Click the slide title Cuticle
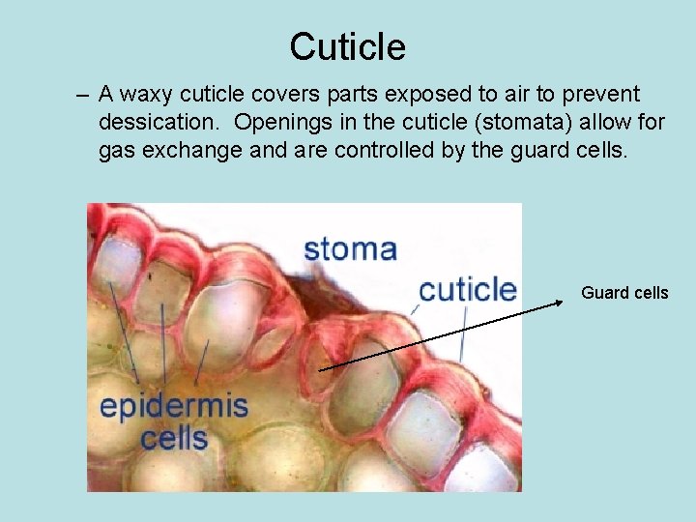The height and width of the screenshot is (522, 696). pyautogui.click(x=347, y=46)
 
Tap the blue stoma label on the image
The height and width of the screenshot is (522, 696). pyautogui.click(x=350, y=248)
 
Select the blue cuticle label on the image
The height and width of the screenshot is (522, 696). pyautogui.click(x=468, y=288)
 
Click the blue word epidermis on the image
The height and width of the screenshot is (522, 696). pyautogui.click(x=174, y=406)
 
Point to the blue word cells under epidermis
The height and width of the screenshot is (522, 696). pyautogui.click(x=174, y=438)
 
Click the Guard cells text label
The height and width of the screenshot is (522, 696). pyautogui.click(x=624, y=293)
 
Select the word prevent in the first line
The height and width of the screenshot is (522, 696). pyautogui.click(x=604, y=95)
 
